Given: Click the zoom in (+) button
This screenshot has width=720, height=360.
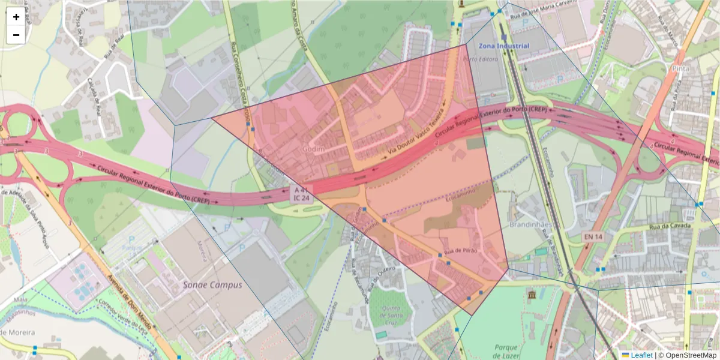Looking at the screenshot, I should pyautogui.click(x=16, y=17).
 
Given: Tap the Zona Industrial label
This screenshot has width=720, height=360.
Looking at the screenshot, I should pyautogui.click(x=505, y=46).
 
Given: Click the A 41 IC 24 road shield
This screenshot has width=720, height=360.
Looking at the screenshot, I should pyautogui.click(x=302, y=193).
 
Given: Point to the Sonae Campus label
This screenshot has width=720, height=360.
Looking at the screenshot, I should pyautogui.click(x=212, y=285).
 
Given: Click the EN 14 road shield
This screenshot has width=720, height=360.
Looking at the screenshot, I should pyautogui.click(x=592, y=238).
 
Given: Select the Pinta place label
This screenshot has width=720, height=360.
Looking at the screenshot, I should pyautogui.click(x=680, y=68).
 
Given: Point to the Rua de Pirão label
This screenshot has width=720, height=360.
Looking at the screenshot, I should pyautogui.click(x=460, y=251).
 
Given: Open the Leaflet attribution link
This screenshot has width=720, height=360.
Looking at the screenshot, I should pyautogui.click(x=641, y=355).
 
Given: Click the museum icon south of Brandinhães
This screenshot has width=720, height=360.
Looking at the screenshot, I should pyautogui.click(x=532, y=295).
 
